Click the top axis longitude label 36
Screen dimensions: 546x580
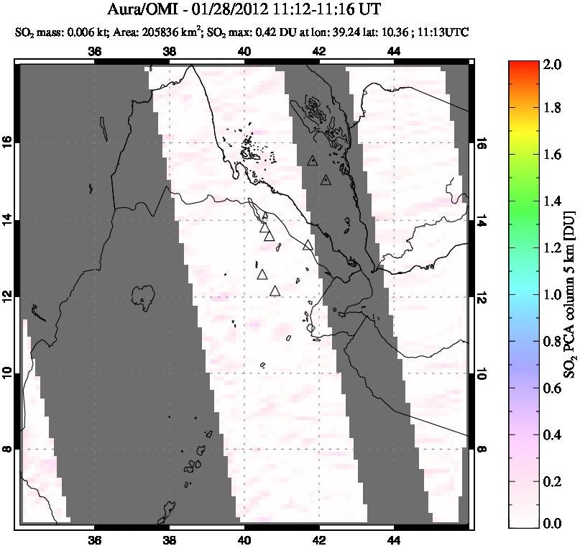point(94,51)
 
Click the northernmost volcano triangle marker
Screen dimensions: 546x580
point(312,160)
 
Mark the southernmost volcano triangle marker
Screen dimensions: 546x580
point(275,291)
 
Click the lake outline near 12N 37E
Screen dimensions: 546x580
point(144,295)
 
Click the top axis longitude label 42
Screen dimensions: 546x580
point(319,51)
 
